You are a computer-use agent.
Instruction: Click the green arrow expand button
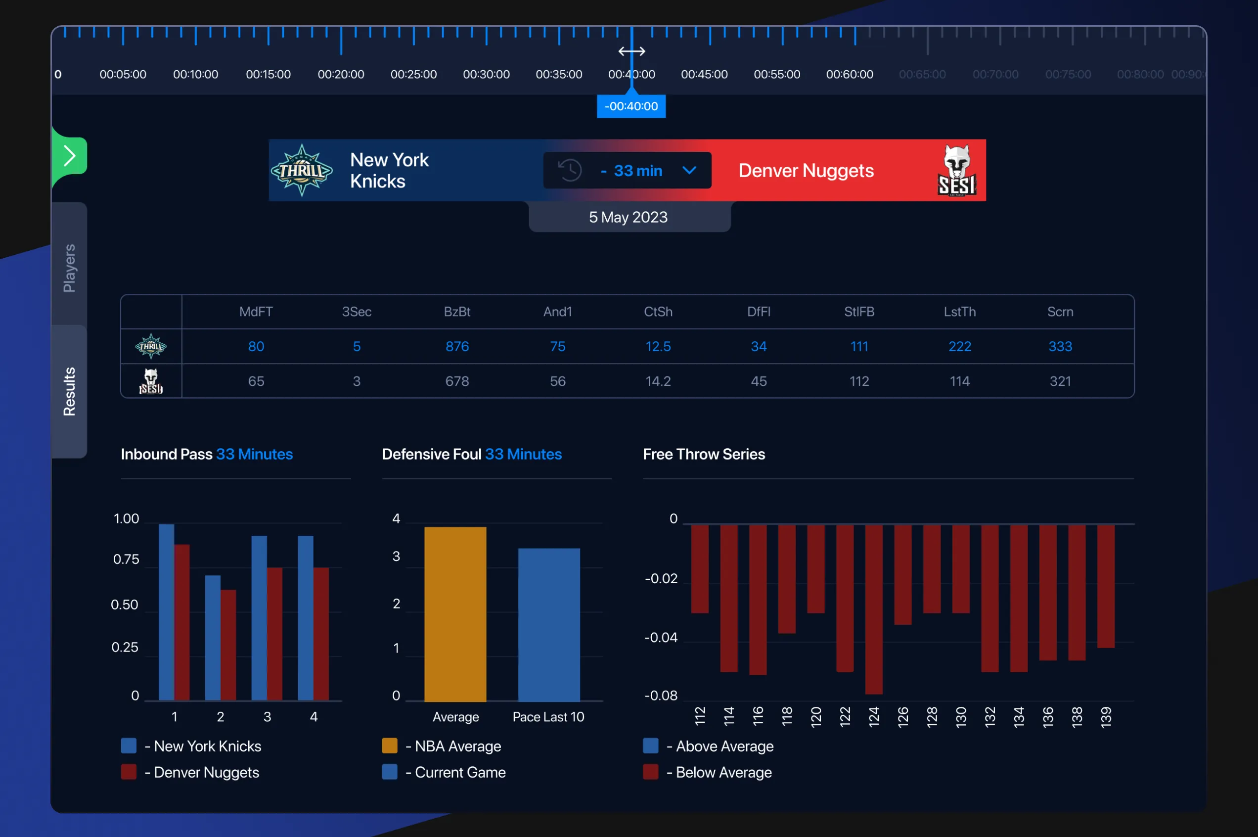click(x=69, y=156)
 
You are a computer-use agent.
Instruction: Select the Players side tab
click(x=69, y=268)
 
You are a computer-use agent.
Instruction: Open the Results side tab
click(x=69, y=391)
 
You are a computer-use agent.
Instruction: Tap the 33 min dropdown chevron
click(x=689, y=170)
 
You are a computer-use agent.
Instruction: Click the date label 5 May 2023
click(x=628, y=217)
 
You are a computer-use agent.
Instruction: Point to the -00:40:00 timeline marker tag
click(x=630, y=106)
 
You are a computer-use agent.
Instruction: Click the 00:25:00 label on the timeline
click(x=413, y=74)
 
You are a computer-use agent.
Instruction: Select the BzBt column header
click(x=457, y=312)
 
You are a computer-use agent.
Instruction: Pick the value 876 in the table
click(x=457, y=346)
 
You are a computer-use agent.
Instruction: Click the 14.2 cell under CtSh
click(x=658, y=381)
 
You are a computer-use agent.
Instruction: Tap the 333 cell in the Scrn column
click(x=1060, y=346)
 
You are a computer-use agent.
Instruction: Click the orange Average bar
click(x=455, y=614)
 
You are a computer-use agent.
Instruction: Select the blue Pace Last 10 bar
click(x=548, y=625)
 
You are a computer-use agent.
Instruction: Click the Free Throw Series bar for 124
click(x=873, y=608)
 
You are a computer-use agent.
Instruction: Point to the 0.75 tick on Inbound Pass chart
click(x=126, y=559)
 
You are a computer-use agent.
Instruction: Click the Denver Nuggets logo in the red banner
click(x=956, y=170)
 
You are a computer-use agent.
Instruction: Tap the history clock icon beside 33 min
click(x=569, y=170)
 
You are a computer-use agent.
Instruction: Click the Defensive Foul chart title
click(x=472, y=454)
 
